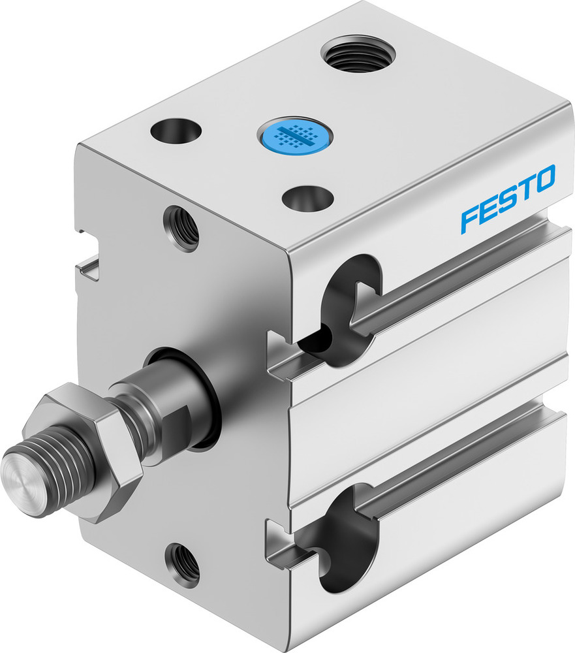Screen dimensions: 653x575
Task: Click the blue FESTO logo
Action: [508, 198]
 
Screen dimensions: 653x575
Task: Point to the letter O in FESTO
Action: [545, 178]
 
